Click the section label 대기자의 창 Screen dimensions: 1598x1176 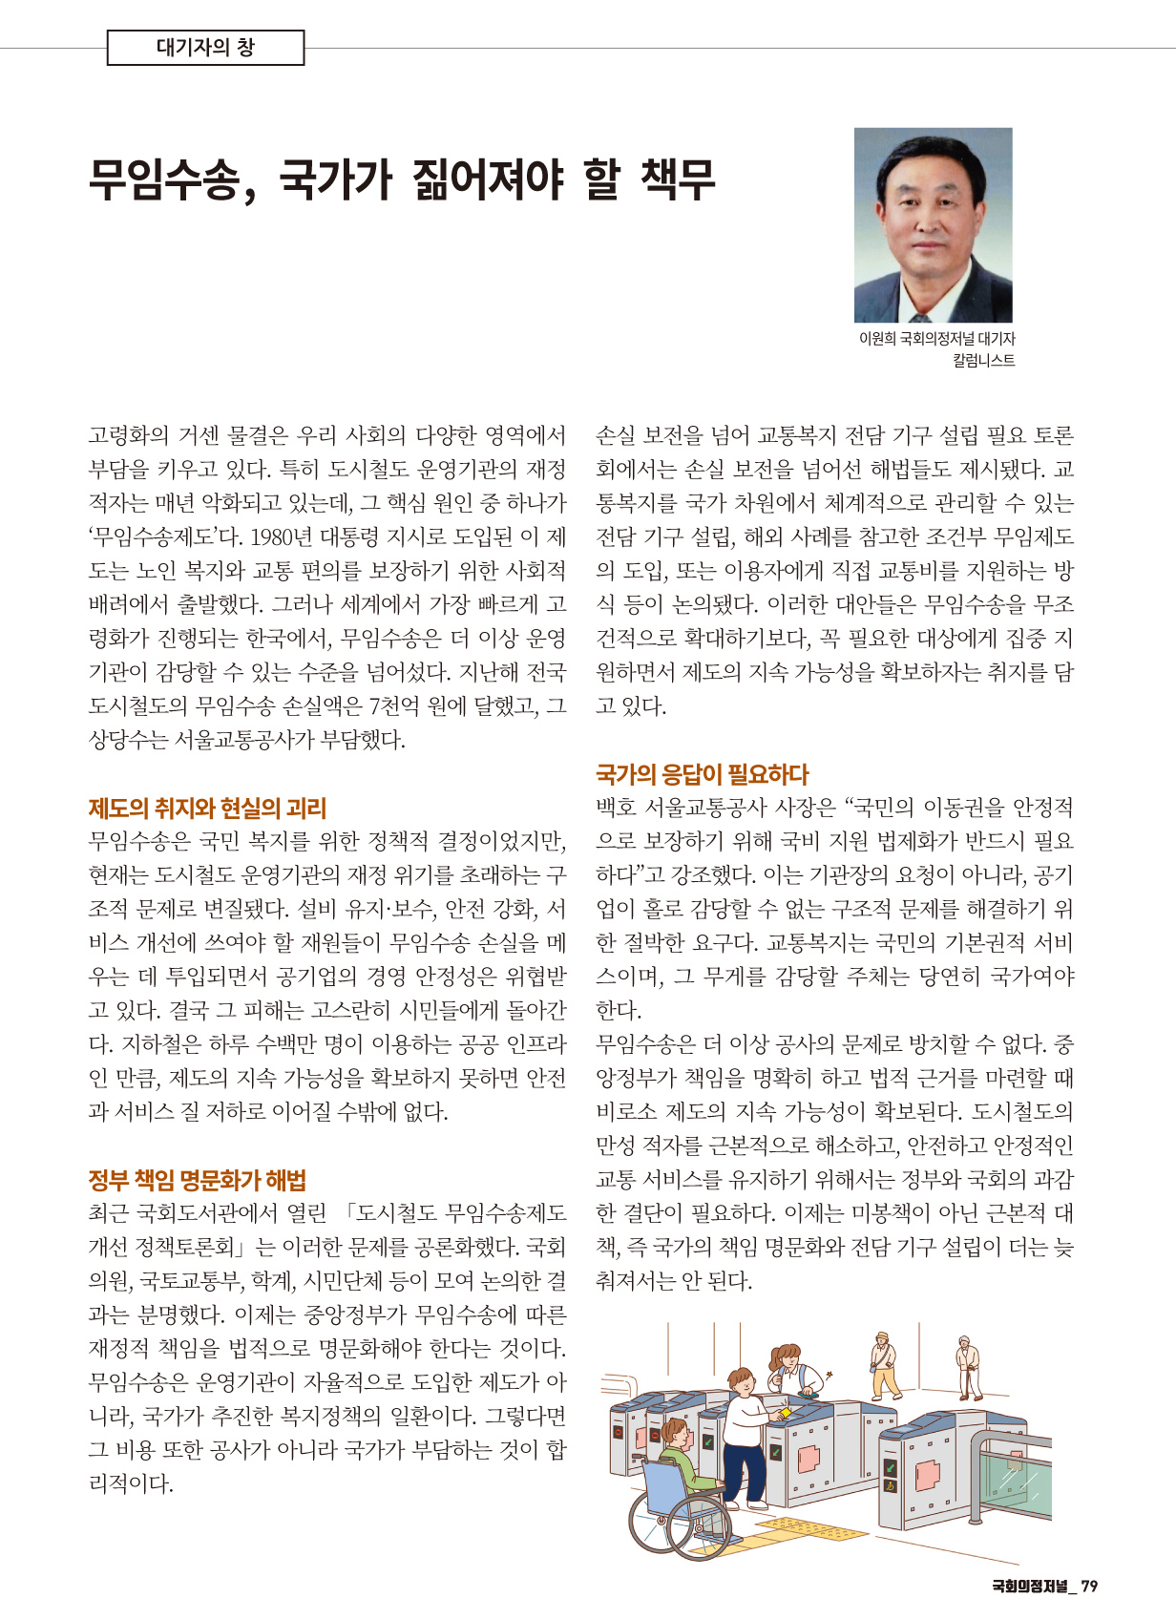click(205, 48)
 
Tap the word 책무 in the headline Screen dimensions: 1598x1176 click(678, 179)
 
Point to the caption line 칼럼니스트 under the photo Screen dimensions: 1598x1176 click(983, 360)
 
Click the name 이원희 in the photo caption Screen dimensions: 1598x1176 click(877, 339)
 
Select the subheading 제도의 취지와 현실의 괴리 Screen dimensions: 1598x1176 click(207, 809)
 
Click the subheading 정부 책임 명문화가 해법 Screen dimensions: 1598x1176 click(197, 1181)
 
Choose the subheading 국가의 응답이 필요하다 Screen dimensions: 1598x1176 click(702, 774)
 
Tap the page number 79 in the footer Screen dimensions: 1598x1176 click(1089, 1586)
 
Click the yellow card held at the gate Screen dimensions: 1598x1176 click(786, 1411)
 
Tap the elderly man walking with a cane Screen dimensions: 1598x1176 click(970, 1366)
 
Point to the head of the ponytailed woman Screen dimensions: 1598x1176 click(786, 1356)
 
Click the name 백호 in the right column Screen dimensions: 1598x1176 click(616, 809)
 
